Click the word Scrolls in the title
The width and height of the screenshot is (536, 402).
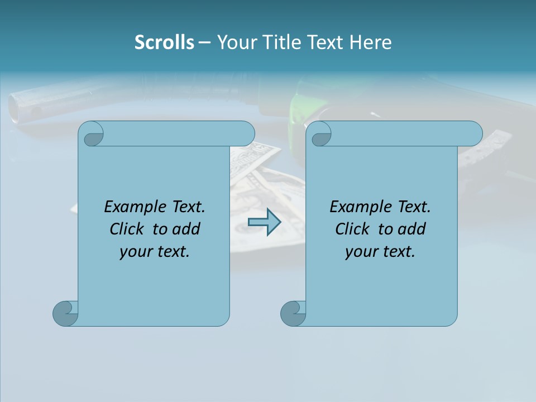164,42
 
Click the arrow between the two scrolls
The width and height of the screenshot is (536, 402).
264,222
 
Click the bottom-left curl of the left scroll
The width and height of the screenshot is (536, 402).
65,313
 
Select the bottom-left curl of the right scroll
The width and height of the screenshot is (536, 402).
293,313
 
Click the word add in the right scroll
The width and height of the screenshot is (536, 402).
412,229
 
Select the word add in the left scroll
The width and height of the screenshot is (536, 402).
186,229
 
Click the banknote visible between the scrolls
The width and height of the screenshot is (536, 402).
262,179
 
